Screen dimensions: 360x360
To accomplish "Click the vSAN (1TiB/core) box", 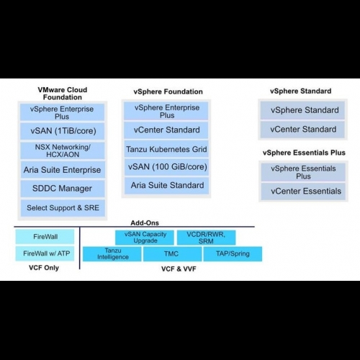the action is coord(63,131).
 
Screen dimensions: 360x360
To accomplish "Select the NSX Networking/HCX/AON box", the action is coord(63,150).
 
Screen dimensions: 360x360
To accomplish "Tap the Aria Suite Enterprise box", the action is coord(63,170).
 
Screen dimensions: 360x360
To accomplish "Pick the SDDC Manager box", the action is coord(63,189).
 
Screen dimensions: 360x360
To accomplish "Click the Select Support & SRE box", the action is coord(63,208).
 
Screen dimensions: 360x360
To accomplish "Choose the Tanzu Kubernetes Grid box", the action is coord(166,149).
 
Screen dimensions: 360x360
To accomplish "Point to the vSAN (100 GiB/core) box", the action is coord(166,167).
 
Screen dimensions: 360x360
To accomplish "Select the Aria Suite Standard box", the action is coord(167,186).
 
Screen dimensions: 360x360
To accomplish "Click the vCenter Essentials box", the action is coord(303,192).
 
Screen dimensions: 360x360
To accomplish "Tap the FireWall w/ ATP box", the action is coord(45,253).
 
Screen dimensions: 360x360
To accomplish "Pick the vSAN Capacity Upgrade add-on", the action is coord(145,238).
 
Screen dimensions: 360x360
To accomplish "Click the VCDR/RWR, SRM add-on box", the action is coord(206,238).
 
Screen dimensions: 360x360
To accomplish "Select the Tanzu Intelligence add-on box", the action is coord(112,254).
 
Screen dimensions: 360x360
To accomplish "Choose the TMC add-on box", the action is coord(173,254).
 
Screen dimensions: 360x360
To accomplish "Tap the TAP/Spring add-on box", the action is coord(233,254).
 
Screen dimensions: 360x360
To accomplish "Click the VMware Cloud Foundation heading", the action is coord(63,94).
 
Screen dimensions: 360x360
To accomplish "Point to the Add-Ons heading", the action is coord(145,222).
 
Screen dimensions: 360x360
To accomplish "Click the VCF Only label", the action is coord(44,268).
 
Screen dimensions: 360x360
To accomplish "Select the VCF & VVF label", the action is coord(179,269).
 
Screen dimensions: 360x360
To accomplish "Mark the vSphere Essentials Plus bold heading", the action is coord(304,153).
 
